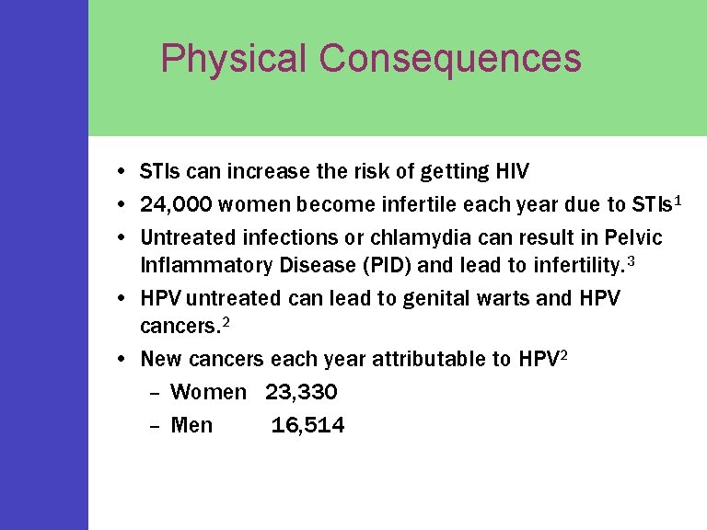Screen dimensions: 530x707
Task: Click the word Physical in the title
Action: coord(233,58)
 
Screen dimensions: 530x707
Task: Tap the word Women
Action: coord(209,392)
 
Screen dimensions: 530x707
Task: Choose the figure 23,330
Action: coord(301,392)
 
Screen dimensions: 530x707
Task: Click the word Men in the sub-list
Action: coord(191,425)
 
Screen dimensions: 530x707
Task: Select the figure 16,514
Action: coord(307,425)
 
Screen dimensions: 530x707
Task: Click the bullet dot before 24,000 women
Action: coord(122,204)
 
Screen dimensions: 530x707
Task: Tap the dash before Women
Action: coord(155,393)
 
